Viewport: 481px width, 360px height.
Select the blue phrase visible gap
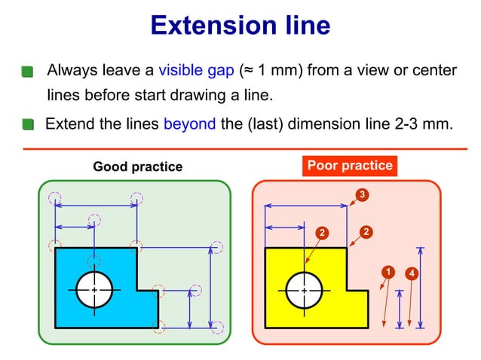coord(196,71)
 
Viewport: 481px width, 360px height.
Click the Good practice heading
coord(137,166)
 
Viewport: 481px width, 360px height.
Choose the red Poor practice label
coord(350,166)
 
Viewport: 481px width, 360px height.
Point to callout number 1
coord(388,271)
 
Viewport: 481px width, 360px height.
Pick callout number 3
coord(363,196)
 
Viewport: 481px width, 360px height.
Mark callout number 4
coord(412,272)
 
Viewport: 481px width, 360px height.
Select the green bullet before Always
coord(28,72)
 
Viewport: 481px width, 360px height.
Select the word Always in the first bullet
coord(72,71)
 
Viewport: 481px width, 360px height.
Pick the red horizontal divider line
coord(240,149)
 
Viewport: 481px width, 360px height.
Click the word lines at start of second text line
coord(62,96)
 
